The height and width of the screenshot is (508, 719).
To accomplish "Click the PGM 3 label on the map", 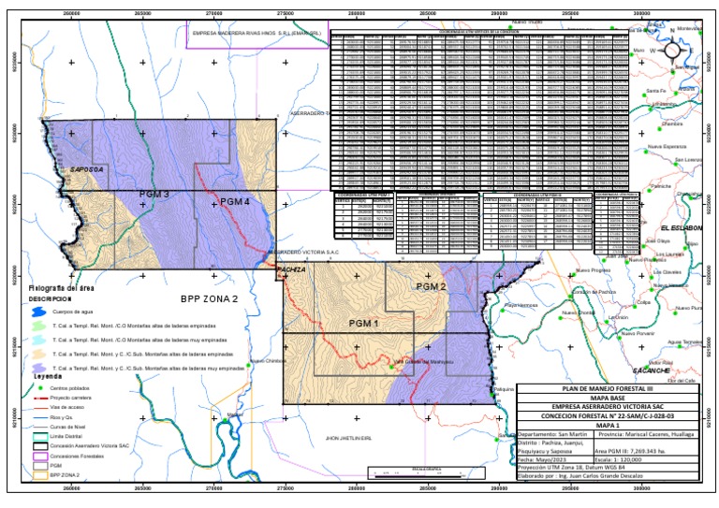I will [154, 195].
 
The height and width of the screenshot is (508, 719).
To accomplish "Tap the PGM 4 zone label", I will [228, 203].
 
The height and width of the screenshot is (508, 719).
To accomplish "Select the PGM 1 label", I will [363, 324].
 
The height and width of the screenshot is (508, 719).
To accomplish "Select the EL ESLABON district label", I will [680, 228].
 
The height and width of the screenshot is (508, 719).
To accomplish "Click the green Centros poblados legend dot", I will [38, 386].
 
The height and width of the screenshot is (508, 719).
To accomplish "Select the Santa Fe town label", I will [653, 90].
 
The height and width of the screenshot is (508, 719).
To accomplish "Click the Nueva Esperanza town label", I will [668, 147].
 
